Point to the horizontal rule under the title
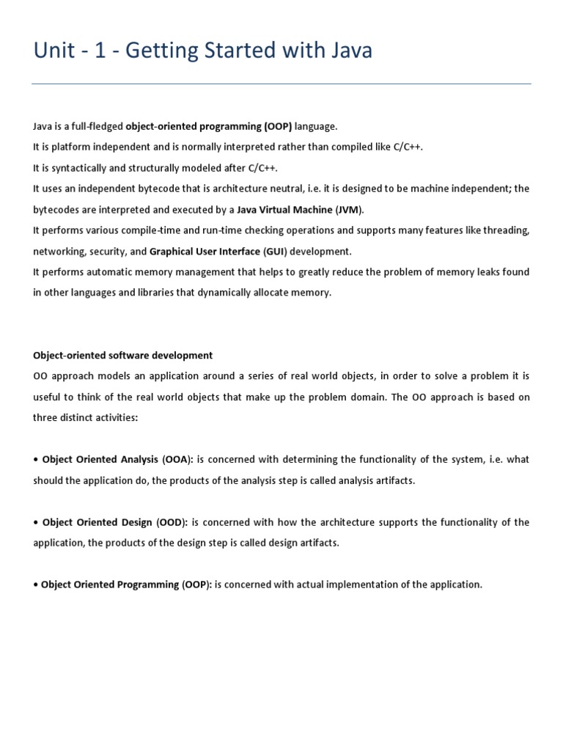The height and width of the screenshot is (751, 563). pyautogui.click(x=281, y=84)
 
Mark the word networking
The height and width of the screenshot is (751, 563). pyautogui.click(x=59, y=251)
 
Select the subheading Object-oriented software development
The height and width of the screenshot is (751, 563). pyautogui.click(x=122, y=355)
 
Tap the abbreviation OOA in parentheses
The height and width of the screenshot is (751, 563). pyautogui.click(x=176, y=459)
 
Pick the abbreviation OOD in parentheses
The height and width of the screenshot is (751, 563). pyautogui.click(x=172, y=522)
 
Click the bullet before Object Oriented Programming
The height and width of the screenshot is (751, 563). pyautogui.click(x=35, y=585)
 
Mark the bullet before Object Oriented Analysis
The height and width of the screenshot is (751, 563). pyautogui.click(x=36, y=459)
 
